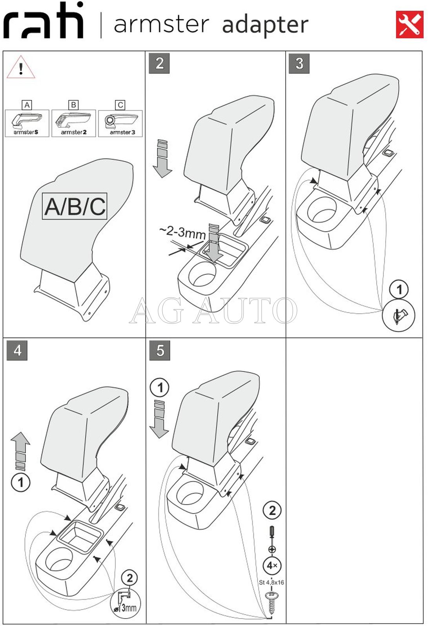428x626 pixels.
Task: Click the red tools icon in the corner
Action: point(409,24)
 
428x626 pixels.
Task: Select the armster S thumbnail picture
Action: point(27,123)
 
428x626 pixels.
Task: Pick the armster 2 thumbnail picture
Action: point(73,123)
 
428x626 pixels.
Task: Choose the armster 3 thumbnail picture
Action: point(120,123)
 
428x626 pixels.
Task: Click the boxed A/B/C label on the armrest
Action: point(75,206)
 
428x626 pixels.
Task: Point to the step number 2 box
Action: point(159,64)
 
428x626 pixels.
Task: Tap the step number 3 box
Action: point(299,64)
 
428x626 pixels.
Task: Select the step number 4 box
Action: point(17,350)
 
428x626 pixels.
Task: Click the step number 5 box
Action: point(160,350)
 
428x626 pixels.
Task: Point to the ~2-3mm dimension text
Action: point(182,232)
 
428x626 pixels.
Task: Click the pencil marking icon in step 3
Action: point(399,316)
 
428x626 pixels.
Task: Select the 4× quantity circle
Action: point(272,566)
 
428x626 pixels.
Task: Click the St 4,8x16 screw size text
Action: point(271,582)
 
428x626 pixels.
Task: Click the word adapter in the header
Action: point(265,25)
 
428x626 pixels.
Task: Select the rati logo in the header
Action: point(44,22)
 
